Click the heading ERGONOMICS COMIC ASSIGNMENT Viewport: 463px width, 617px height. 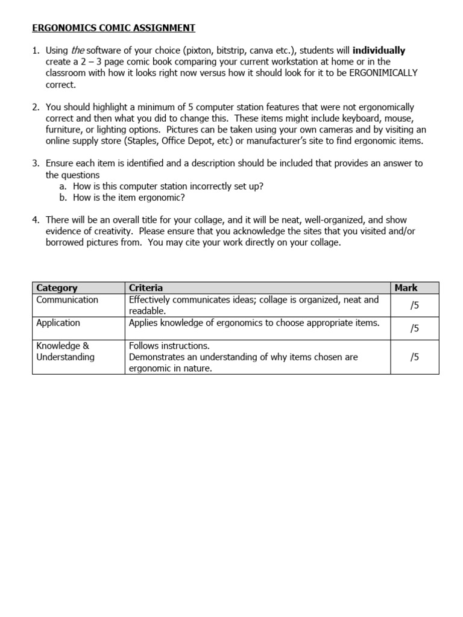pos(113,28)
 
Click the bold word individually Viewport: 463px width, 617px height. pos(379,51)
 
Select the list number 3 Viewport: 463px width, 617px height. pos(36,163)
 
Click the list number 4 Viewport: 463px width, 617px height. pos(36,220)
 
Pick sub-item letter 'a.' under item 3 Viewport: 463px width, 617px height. pos(63,186)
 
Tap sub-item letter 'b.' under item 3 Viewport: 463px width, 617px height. pos(63,197)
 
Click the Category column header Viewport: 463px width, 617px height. pos(57,288)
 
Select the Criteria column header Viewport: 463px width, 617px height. pos(146,288)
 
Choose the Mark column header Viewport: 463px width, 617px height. pos(406,288)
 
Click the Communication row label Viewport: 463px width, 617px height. pos(67,299)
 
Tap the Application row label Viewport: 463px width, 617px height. pos(58,322)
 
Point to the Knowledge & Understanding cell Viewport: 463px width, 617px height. pos(65,351)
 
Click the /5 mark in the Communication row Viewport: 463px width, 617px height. pos(414,305)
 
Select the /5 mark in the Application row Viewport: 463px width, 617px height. pos(414,328)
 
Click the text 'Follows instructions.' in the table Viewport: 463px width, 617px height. pos(169,346)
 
